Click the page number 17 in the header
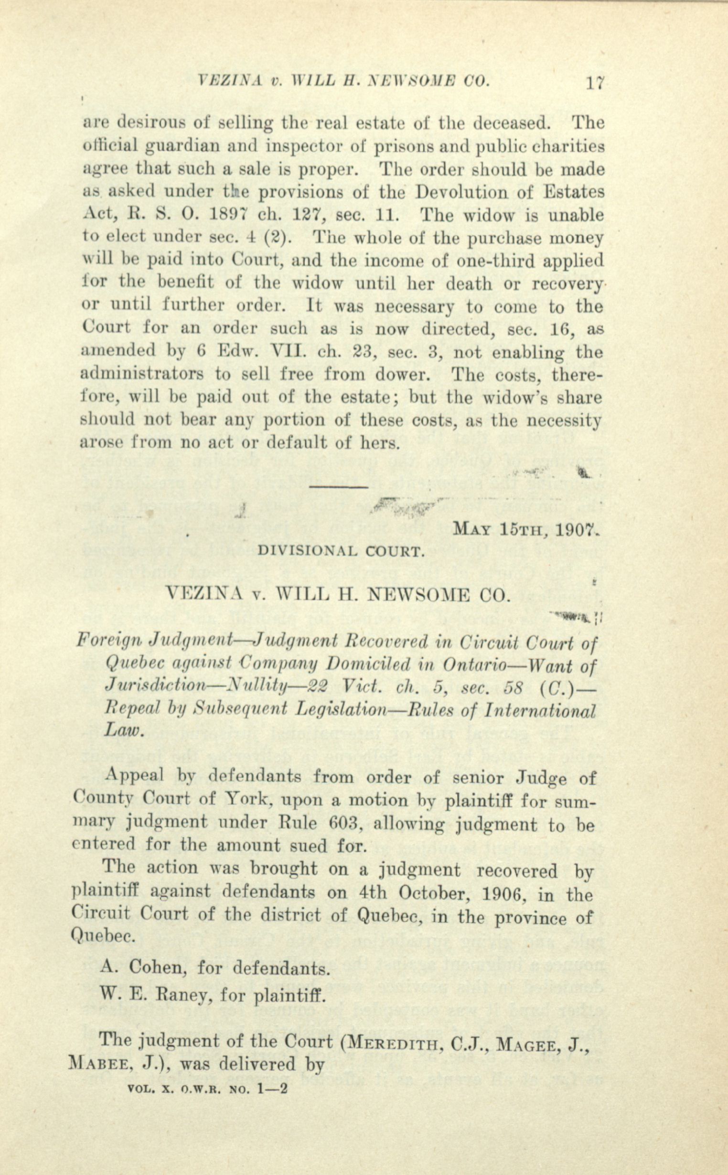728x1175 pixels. [595, 83]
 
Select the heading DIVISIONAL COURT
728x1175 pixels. [342, 551]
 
